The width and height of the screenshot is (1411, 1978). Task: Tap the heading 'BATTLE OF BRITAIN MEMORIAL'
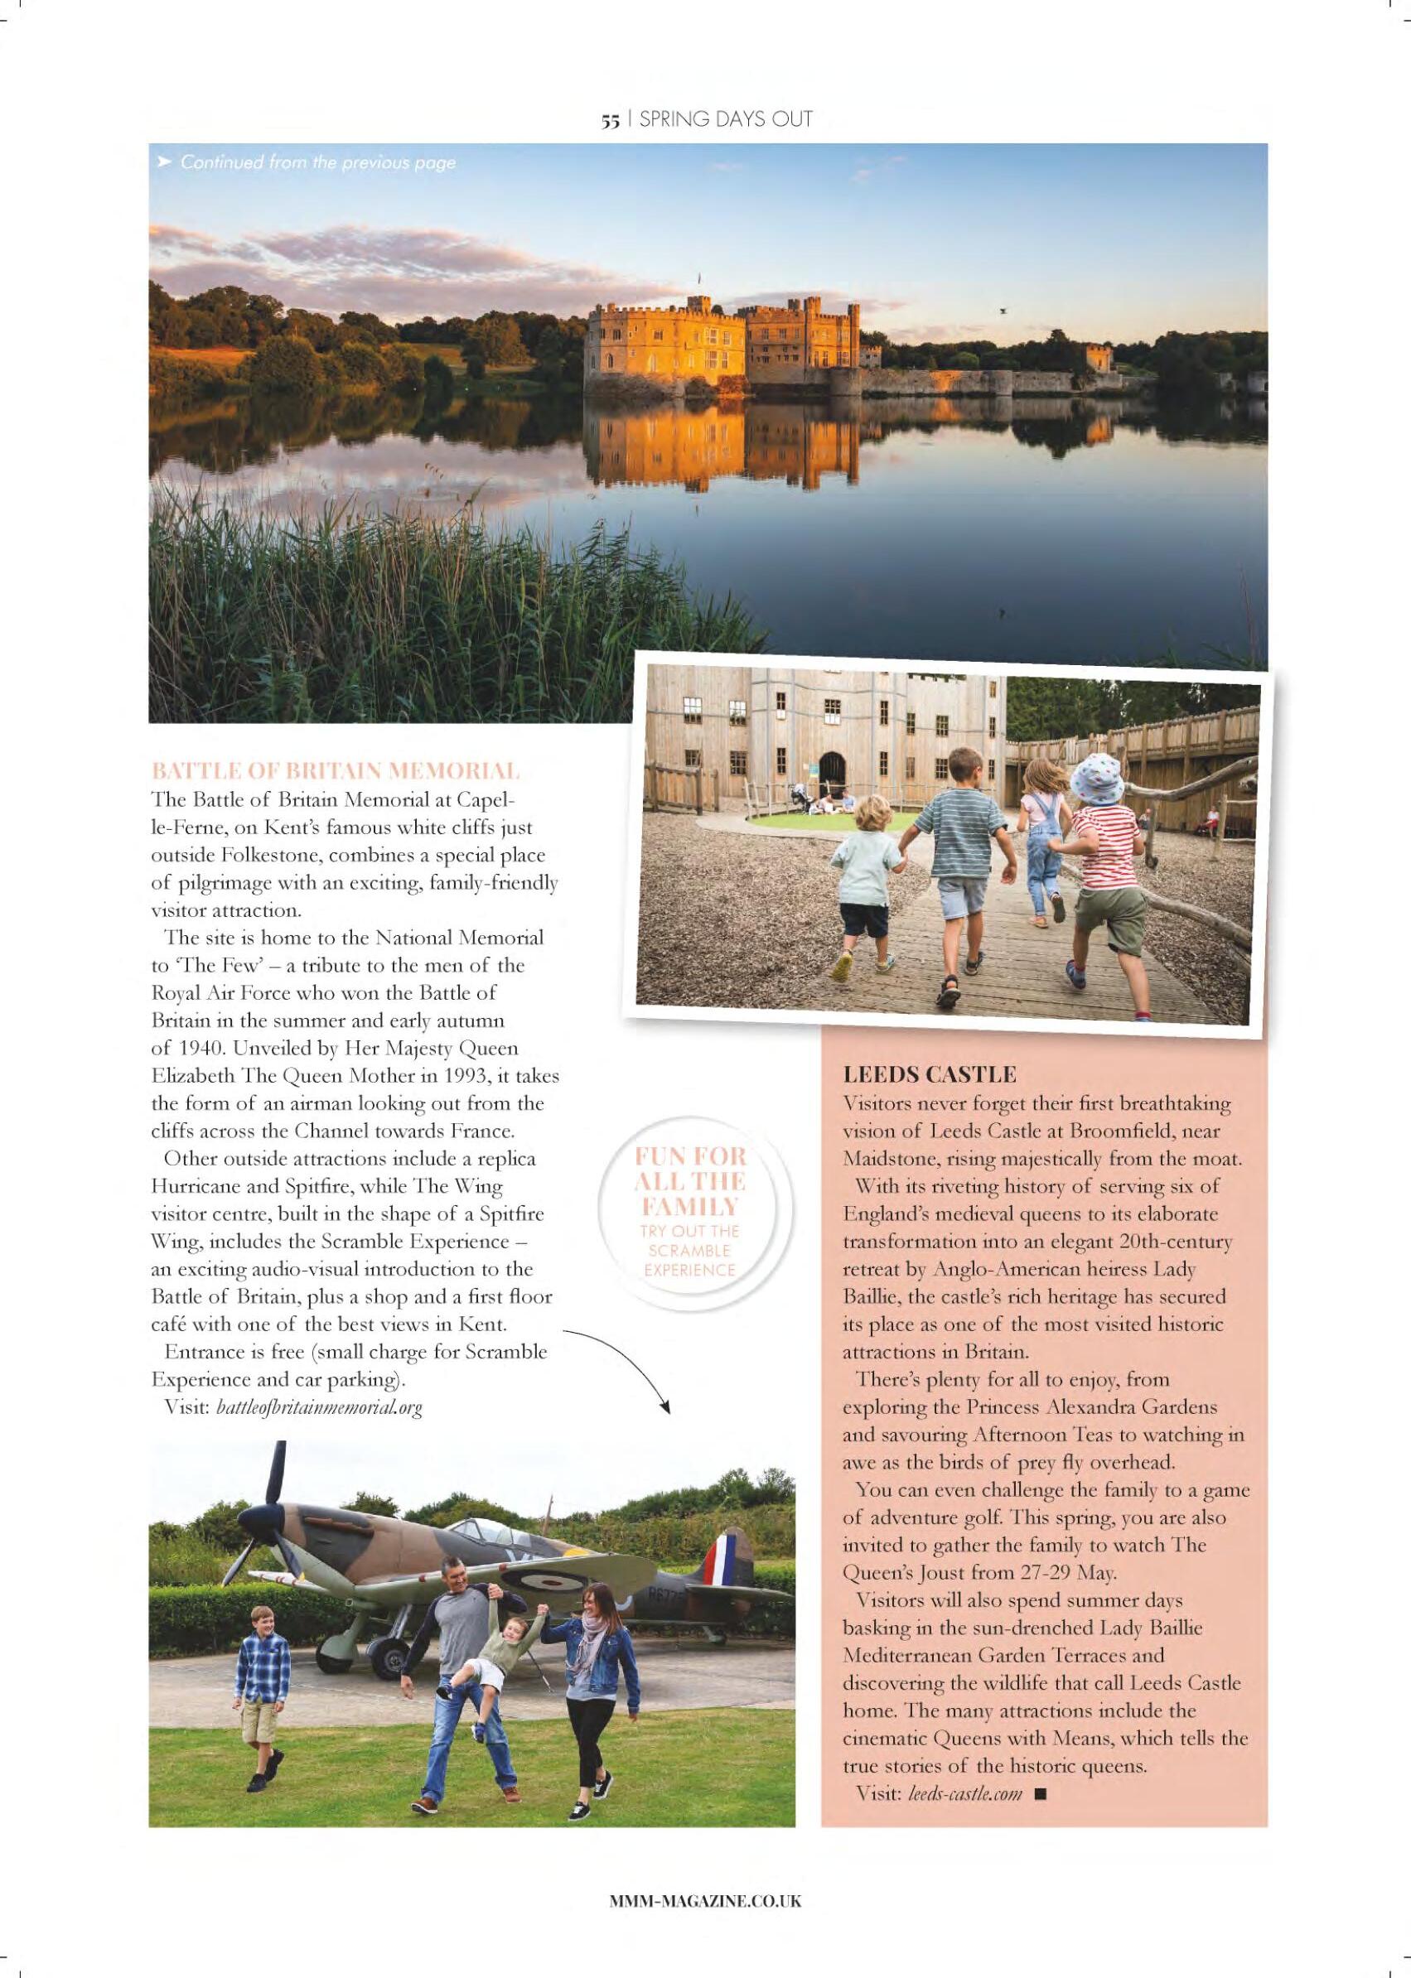click(336, 770)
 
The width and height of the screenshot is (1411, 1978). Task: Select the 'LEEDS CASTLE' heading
click(929, 1074)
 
